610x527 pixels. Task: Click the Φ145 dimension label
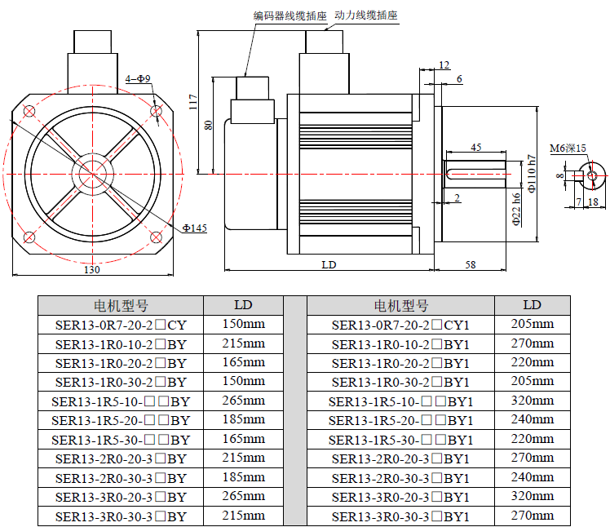[194, 228]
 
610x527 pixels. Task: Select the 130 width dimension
[92, 269]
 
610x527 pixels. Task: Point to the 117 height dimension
[193, 101]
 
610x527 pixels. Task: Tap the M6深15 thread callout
[568, 148]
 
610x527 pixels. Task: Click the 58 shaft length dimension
[471, 264]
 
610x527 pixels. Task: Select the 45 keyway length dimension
[476, 148]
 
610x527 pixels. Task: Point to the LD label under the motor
[329, 264]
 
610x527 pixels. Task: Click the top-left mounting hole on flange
[30, 111]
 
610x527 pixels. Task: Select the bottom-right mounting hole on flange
[155, 237]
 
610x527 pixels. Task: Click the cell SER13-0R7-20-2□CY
[121, 324]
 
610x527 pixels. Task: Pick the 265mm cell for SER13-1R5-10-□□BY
[243, 401]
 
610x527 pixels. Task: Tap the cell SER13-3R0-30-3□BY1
[400, 516]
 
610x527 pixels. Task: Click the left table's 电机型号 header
[121, 306]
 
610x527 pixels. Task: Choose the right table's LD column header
[532, 305]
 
